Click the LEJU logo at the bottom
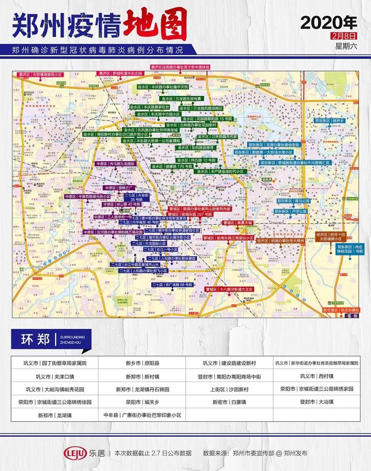(76, 453)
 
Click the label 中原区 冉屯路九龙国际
(115, 164)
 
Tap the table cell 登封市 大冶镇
(316, 402)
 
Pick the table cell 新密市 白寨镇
(229, 402)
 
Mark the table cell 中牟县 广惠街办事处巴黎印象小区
(142, 415)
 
